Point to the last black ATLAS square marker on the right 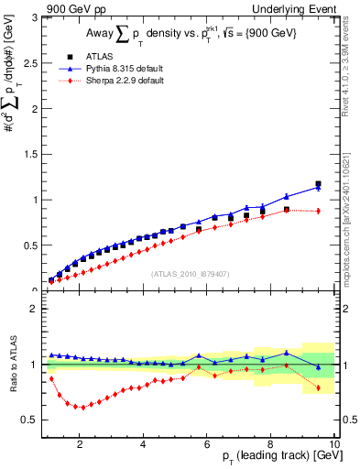[318, 184]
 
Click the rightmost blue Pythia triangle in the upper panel [318, 188]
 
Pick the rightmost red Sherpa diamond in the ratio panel [318, 387]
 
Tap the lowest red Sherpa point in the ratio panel [81, 408]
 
